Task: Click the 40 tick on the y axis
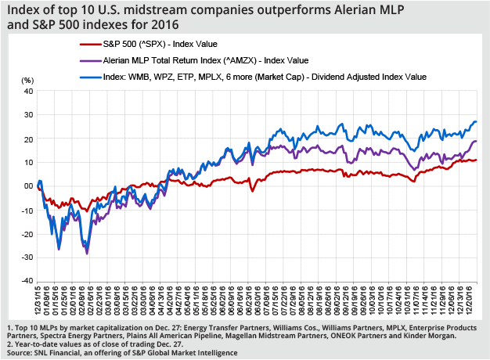(27, 91)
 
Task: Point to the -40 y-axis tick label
(26, 281)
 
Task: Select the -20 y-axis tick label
(26, 233)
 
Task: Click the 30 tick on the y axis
(27, 115)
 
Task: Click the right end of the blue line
(477, 122)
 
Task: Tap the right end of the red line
(477, 160)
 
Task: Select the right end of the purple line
(477, 142)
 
